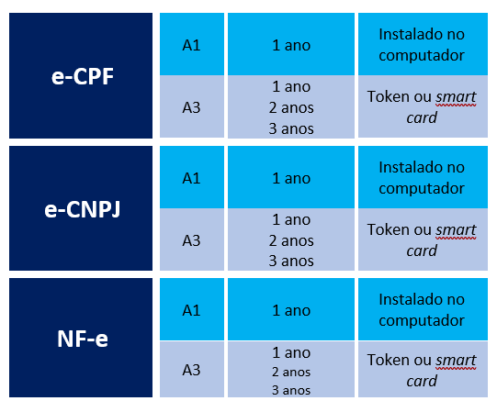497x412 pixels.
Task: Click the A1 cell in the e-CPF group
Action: point(191,45)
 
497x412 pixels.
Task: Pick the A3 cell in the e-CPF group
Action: point(191,107)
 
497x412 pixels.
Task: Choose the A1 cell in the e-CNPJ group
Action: point(191,178)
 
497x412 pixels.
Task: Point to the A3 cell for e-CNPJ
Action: point(191,240)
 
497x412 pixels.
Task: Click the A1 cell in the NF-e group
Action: point(191,310)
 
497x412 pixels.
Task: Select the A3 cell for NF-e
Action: point(191,370)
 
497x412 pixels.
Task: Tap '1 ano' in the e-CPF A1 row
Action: point(291,45)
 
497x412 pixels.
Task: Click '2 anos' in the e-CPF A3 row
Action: point(291,107)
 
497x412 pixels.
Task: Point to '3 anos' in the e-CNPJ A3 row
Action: point(291,261)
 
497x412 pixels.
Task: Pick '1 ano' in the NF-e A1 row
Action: point(291,310)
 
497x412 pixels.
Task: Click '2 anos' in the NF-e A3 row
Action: point(291,373)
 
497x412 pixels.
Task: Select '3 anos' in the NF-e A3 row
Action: point(291,391)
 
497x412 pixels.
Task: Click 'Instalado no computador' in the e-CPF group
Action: point(422,45)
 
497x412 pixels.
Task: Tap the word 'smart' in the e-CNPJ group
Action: point(456,229)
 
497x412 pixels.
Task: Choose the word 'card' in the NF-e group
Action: point(422,381)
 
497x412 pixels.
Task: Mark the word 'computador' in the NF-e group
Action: point(422,320)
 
